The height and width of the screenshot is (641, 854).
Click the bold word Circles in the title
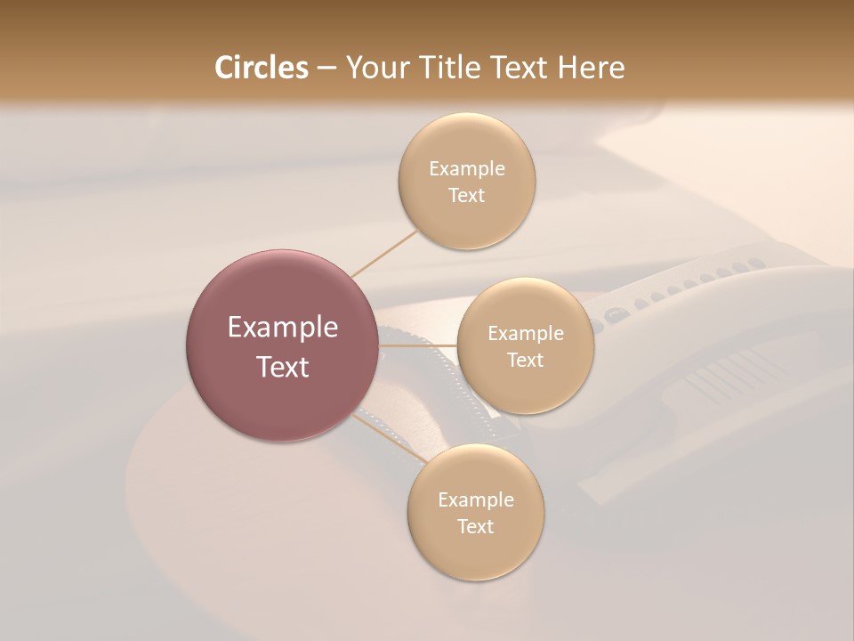pos(262,68)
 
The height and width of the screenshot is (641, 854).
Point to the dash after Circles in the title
pos(326,69)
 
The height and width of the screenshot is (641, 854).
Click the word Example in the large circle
pos(283,328)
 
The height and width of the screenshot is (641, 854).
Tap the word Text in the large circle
pos(283,367)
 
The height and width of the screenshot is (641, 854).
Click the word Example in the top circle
pos(467,169)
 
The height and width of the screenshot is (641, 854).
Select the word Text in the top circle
pos(467,196)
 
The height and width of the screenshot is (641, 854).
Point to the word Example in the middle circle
pos(526,334)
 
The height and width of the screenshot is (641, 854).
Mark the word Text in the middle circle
pos(526,361)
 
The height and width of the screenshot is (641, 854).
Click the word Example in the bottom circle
pos(476,500)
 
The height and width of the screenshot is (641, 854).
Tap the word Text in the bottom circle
pos(476,527)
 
